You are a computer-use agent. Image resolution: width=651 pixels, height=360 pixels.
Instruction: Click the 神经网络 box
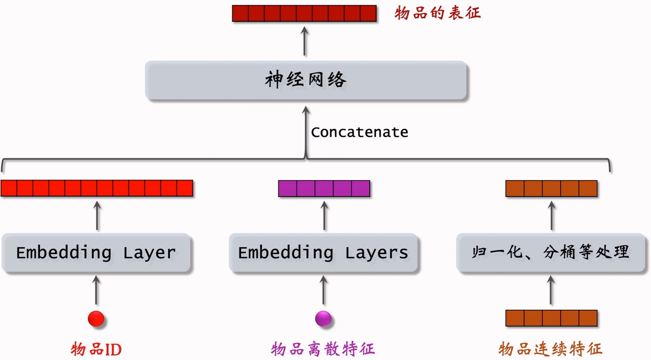coord(306,80)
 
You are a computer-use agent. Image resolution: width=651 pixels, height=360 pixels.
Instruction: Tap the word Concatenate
coord(359,132)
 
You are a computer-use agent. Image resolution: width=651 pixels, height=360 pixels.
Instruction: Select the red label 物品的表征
coord(438,13)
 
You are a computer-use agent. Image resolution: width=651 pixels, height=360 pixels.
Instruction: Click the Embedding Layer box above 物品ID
coord(96,253)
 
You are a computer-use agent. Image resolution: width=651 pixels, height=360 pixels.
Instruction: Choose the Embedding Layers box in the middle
coord(323,253)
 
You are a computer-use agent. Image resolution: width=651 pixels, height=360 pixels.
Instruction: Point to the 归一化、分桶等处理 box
coord(550,253)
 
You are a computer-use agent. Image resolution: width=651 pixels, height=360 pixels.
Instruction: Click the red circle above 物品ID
coord(96,319)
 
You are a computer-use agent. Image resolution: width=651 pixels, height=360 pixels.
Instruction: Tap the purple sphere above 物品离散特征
coord(323,319)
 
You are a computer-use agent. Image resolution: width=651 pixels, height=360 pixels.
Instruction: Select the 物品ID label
coord(96,349)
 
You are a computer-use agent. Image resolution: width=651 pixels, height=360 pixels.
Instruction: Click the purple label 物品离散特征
coord(323,349)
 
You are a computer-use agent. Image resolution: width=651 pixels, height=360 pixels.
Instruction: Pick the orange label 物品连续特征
coord(550,349)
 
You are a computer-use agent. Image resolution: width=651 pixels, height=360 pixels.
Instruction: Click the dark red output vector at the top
coord(304,13)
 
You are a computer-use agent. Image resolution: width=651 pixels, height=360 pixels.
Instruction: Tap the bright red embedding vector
coord(97,188)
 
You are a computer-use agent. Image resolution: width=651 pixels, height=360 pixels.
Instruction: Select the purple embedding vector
coord(324,188)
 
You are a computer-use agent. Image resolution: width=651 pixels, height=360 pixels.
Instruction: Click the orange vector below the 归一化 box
coord(551,318)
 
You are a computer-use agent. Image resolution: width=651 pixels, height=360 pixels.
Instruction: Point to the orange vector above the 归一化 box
coord(551,188)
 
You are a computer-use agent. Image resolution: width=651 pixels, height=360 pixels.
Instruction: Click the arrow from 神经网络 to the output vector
coord(305,41)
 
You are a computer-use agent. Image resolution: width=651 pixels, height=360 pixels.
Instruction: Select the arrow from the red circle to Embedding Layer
coord(96,290)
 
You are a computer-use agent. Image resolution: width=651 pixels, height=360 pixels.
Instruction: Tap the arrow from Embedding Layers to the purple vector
coord(325,216)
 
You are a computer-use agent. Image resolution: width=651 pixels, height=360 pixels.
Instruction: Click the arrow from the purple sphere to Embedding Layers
coord(324,290)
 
